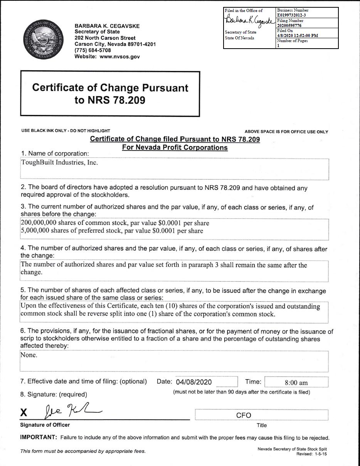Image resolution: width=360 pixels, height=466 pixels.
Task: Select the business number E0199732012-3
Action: point(291,15)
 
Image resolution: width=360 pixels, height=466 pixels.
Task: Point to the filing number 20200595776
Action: point(290,25)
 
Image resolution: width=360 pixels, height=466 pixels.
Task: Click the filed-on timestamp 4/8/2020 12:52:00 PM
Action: point(297,35)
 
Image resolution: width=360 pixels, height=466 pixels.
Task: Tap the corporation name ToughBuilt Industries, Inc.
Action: point(59,163)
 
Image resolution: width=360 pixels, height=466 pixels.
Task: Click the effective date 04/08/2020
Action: point(194,382)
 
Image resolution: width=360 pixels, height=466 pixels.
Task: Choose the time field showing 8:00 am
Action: point(296,383)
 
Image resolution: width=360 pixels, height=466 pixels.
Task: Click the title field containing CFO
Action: point(243,415)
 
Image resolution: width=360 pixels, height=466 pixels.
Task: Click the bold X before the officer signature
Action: point(24,413)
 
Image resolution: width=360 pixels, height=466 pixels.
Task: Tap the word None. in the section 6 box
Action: point(29,355)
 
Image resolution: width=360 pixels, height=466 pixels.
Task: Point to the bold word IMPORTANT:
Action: point(38,437)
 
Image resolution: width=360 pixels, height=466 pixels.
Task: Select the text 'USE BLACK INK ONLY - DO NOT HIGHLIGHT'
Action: point(66,131)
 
